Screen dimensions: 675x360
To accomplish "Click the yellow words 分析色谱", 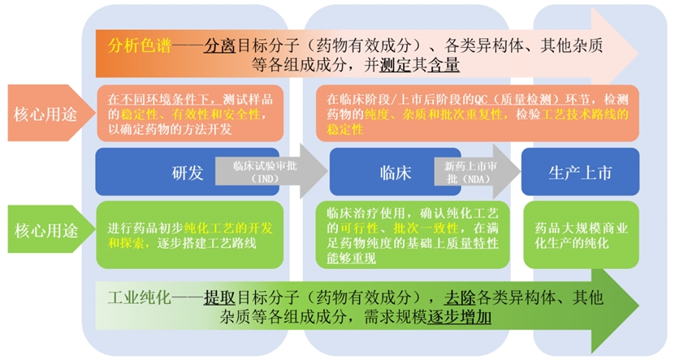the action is (140, 46).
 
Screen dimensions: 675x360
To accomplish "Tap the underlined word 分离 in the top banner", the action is (219, 46).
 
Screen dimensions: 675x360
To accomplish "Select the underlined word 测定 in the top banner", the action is (396, 64).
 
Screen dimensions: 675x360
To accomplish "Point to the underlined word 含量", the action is (444, 64).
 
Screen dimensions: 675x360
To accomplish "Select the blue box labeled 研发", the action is (188, 171).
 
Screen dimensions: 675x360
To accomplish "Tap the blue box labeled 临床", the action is (396, 171).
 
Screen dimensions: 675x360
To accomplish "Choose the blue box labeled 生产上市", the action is (580, 171).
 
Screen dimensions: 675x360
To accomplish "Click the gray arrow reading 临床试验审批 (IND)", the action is (271, 171).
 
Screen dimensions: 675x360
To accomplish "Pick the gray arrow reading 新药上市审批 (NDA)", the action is (477, 171).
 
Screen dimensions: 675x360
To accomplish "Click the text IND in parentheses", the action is (265, 179).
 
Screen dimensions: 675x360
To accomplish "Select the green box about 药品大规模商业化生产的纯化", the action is (581, 235).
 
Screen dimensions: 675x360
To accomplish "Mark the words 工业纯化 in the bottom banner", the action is (140, 297).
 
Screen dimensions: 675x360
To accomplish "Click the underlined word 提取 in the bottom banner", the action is (219, 297).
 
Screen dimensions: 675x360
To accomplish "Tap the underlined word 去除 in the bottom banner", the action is (460, 297).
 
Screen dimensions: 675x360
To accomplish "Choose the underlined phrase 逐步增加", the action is (459, 318).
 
